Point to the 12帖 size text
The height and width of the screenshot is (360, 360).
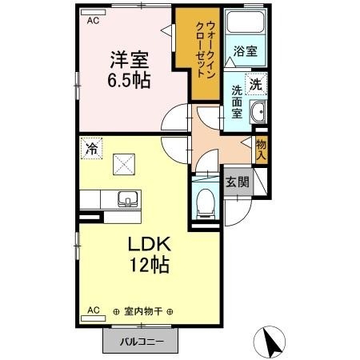coord(147,266)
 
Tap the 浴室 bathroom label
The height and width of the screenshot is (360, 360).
coord(245,51)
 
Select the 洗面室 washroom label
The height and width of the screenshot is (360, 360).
coord(238,102)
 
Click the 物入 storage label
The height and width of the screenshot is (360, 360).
coord(261,149)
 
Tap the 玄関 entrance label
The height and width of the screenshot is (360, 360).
coord(236,182)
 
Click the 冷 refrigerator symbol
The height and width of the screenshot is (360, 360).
coord(92,147)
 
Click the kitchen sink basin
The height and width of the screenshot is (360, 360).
coord(126,199)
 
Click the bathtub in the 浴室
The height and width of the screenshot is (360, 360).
coord(245,25)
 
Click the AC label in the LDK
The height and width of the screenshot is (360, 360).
coord(92,310)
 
